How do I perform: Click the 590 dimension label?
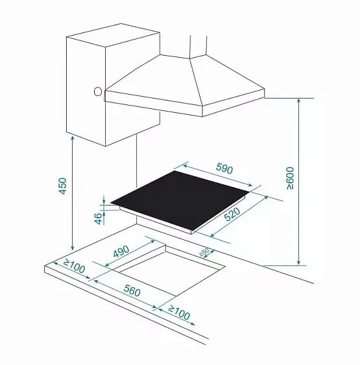click(x=224, y=168)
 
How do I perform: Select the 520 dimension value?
click(x=232, y=214)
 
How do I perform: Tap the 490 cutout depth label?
click(x=121, y=252)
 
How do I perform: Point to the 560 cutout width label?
click(x=132, y=290)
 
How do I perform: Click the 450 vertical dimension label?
click(x=63, y=186)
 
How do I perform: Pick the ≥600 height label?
click(x=290, y=178)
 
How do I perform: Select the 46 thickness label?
click(x=99, y=218)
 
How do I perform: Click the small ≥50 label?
click(x=204, y=252)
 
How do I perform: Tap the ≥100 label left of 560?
click(x=74, y=266)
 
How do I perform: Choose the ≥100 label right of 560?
click(x=179, y=312)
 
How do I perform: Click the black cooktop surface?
click(x=180, y=200)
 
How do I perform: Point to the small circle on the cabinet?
click(x=98, y=91)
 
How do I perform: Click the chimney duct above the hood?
click(x=198, y=46)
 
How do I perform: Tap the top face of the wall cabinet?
click(x=114, y=35)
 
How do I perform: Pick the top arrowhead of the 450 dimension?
click(x=73, y=139)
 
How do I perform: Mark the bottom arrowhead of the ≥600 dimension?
click(x=298, y=263)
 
